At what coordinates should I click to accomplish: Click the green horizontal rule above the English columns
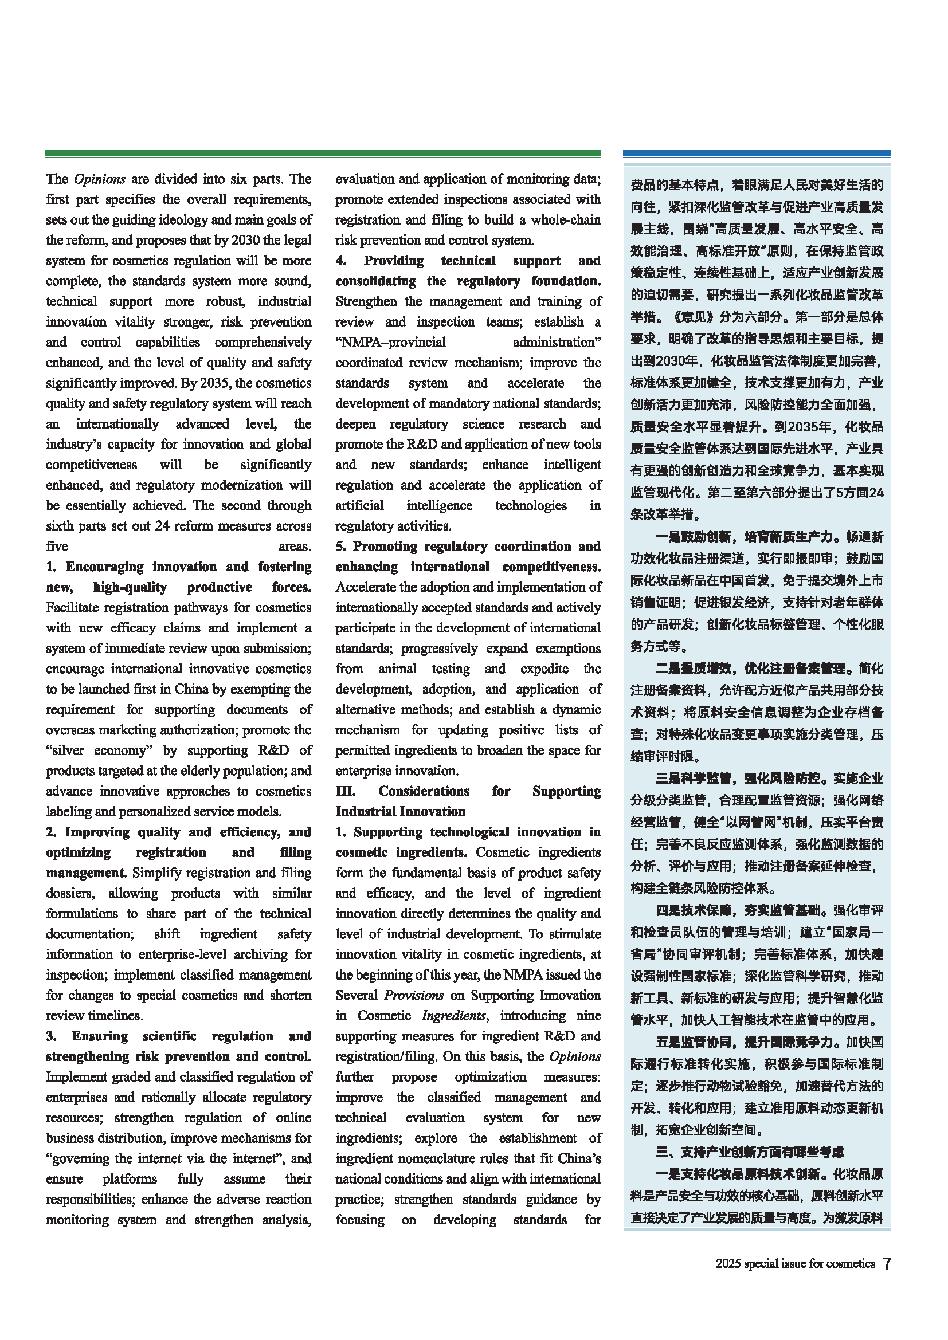point(323,154)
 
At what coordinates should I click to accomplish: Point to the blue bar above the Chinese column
point(757,154)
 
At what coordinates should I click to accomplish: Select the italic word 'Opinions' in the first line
point(99,179)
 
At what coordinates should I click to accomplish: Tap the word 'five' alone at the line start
point(57,547)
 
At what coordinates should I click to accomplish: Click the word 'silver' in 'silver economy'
point(68,750)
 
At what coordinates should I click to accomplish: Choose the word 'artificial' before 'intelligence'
point(359,505)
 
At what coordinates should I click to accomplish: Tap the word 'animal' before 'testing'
point(398,668)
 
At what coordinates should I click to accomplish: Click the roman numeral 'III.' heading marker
point(346,791)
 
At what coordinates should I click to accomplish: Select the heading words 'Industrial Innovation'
point(401,811)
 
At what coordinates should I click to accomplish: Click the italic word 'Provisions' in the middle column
point(414,995)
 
